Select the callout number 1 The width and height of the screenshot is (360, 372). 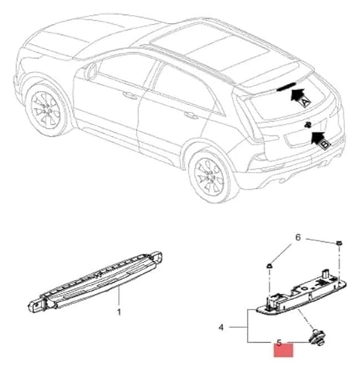coord(118,313)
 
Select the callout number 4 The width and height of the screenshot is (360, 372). coord(221,327)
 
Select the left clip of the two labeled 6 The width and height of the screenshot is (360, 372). coord(269,265)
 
